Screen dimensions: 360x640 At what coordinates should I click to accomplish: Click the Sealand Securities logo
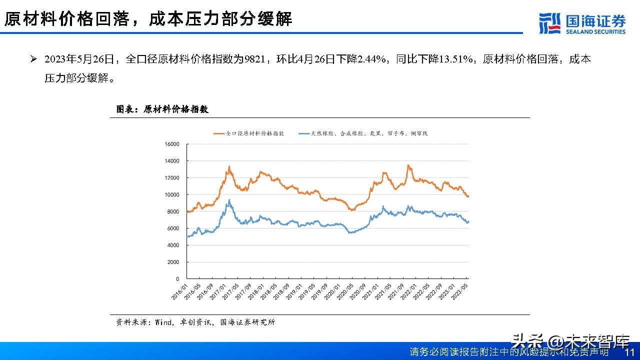point(582,23)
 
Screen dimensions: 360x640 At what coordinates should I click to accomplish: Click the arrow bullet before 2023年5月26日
point(33,59)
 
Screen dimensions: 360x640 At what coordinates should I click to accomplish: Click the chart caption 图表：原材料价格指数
point(162,109)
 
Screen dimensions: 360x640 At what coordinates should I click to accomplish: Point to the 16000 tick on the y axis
point(171,144)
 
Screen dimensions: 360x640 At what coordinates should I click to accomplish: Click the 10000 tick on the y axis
point(171,194)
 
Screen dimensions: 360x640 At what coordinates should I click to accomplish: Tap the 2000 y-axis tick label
point(173,262)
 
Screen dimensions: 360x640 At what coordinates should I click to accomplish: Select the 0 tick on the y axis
point(177,279)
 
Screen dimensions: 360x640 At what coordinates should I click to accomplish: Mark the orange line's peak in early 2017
point(229,166)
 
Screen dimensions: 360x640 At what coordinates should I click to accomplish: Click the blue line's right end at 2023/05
point(468,221)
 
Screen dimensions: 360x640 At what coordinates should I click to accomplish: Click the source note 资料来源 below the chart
point(195,322)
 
